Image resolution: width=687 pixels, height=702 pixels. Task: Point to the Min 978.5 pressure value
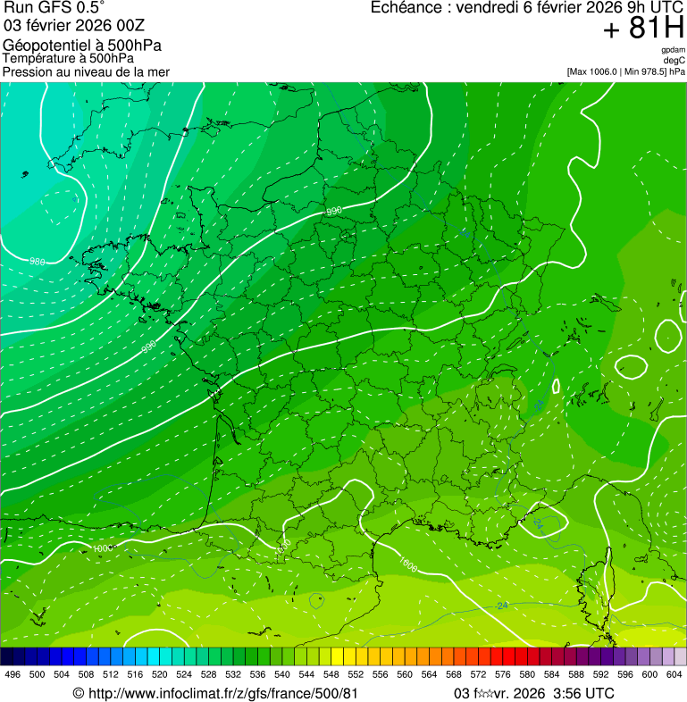pos(646,71)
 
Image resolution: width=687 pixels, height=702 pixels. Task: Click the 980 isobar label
pos(38,262)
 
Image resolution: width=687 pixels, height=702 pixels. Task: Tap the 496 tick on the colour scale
pos(13,674)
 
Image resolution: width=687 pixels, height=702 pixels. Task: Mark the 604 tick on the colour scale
pos(674,674)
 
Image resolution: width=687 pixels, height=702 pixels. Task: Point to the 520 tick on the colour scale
pos(159,674)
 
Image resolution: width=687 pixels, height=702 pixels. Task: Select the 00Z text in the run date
pos(130,27)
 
